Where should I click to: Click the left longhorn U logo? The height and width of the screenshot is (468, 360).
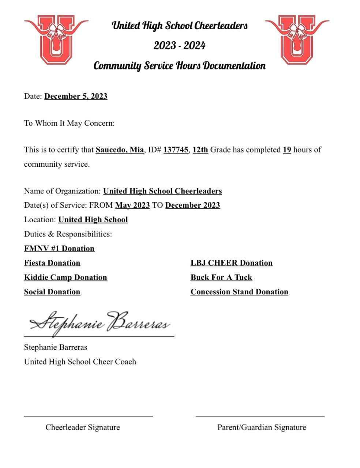pyautogui.click(x=56, y=39)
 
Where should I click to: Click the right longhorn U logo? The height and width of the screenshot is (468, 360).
pyautogui.click(x=297, y=39)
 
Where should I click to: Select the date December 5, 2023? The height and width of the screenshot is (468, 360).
pyautogui.click(x=76, y=96)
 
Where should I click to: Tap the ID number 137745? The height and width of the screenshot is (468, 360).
pyautogui.click(x=176, y=150)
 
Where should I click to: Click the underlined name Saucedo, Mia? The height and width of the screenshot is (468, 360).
pyautogui.click(x=120, y=150)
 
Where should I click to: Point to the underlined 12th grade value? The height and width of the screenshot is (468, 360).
pyautogui.click(x=200, y=150)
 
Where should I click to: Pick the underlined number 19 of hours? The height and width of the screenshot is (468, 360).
pyautogui.click(x=287, y=150)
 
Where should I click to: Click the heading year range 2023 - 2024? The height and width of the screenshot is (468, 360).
pyautogui.click(x=179, y=46)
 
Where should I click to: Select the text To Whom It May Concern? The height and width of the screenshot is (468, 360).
pyautogui.click(x=69, y=123)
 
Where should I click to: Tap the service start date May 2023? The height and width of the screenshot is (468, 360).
pyautogui.click(x=132, y=205)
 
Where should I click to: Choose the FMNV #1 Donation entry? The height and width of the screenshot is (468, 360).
pyautogui.click(x=59, y=249)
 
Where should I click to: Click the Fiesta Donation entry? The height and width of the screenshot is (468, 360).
pyautogui.click(x=52, y=263)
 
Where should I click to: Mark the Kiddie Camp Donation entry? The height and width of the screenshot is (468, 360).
pyautogui.click(x=65, y=278)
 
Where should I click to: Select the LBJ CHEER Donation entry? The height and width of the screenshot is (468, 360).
pyautogui.click(x=231, y=263)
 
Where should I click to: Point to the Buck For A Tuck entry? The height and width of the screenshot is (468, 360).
pyautogui.click(x=221, y=278)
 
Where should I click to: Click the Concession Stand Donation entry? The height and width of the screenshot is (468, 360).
pyautogui.click(x=239, y=292)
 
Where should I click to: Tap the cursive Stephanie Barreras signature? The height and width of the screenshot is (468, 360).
pyautogui.click(x=100, y=323)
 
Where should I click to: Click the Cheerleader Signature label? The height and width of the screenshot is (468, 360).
pyautogui.click(x=83, y=427)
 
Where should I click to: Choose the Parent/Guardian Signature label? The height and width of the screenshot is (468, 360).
pyautogui.click(x=262, y=427)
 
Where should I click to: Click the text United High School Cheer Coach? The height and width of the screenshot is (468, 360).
pyautogui.click(x=80, y=362)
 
